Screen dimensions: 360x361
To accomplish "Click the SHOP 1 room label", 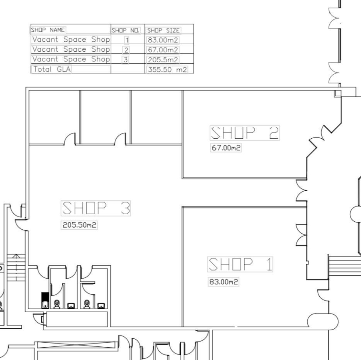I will tap(240, 265).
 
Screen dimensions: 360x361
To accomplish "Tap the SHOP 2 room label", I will tap(245, 133).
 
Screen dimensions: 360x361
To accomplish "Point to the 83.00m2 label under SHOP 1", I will tap(223, 282).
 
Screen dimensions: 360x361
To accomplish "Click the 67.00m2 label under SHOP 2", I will tap(226, 148).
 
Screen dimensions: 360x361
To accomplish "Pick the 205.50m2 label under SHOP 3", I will tap(79, 225).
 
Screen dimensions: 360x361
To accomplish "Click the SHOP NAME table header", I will tap(49, 30).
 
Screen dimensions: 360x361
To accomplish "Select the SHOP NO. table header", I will tap(126, 30).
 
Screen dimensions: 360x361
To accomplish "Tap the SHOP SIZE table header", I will tap(163, 30).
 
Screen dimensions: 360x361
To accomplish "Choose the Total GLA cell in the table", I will tap(50, 69).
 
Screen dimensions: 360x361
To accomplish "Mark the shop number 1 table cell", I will tap(127, 40).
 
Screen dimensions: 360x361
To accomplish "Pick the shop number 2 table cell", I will tap(126, 50).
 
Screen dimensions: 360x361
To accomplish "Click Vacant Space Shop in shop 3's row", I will tap(71, 59).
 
